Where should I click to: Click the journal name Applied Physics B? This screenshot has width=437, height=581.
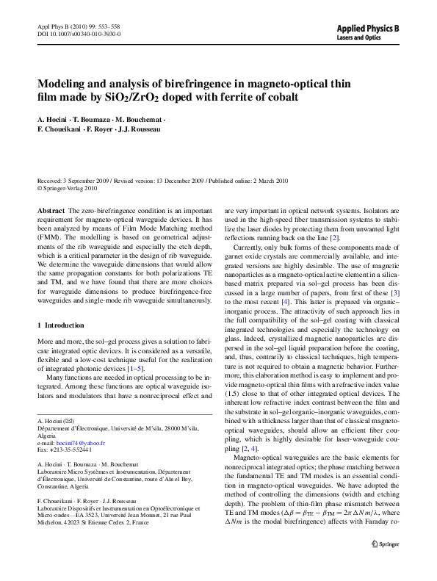(x=368, y=28)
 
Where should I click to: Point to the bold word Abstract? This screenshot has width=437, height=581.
(x=51, y=210)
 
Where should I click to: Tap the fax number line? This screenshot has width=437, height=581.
(x=65, y=450)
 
